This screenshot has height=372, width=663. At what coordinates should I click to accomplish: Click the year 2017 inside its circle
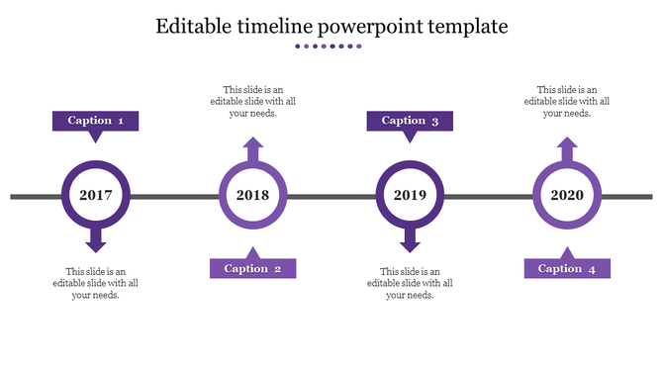pos(96,195)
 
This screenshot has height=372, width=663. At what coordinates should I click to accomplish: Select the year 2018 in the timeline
pos(253,195)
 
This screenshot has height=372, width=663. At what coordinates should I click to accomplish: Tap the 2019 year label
pos(410,195)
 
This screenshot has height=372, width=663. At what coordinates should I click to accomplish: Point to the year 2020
pos(567,195)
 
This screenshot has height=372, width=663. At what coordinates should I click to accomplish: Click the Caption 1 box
pos(95,121)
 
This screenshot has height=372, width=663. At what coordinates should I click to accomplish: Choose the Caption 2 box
pos(252,268)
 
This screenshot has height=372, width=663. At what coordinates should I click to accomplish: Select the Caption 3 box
pos(410,121)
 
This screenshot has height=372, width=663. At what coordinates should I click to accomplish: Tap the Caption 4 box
pos(567,268)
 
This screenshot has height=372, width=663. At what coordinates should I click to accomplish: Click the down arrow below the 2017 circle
pos(96,240)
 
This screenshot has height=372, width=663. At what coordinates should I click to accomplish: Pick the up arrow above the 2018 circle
pos(253,150)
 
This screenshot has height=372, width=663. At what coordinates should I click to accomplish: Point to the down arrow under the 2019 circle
pos(410,240)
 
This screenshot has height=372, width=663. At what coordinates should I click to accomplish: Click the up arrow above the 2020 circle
pos(567,150)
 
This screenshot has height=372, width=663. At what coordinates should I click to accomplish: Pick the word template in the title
pos(473,28)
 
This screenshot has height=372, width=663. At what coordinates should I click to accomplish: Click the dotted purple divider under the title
pos(331,46)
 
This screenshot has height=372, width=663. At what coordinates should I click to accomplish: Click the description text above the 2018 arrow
pos(253,101)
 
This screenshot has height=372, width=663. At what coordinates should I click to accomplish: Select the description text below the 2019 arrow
pos(410,283)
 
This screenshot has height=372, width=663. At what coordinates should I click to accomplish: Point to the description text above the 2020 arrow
pos(567,101)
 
